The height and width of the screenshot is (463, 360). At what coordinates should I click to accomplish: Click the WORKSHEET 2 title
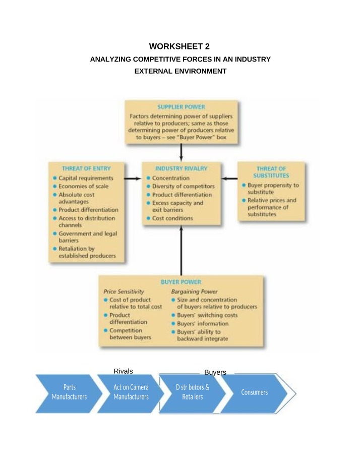[x=179, y=46]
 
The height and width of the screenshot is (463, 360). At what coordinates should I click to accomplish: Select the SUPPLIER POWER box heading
[x=181, y=107]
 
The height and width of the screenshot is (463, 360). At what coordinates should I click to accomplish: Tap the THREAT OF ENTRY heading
[x=86, y=168]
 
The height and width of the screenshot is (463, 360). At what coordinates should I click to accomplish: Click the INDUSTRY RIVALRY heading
[x=181, y=168]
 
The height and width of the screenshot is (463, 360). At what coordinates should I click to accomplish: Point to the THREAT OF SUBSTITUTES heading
[x=271, y=172]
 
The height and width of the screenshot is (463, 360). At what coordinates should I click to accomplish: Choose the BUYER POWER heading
[x=181, y=282]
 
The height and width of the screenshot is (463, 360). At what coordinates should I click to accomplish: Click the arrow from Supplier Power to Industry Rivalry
[x=181, y=153]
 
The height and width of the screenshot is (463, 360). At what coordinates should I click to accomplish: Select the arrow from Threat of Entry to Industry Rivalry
[x=133, y=179]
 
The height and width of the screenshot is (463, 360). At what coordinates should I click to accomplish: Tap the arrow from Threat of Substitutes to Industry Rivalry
[x=229, y=179]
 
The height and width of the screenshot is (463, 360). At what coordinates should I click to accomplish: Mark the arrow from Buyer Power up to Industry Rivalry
[x=181, y=250]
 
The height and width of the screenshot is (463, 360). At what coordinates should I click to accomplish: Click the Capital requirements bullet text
[x=86, y=178]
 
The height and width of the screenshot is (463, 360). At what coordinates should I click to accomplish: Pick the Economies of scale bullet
[x=84, y=186]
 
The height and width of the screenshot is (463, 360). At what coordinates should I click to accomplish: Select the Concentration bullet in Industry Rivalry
[x=171, y=178]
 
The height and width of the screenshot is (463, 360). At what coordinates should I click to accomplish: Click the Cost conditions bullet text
[x=172, y=218]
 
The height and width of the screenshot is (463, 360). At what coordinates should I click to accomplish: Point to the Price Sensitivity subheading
[x=124, y=292]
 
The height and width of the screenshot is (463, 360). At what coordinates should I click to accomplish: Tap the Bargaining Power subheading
[x=194, y=292]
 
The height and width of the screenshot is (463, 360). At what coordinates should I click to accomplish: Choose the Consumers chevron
[x=254, y=393]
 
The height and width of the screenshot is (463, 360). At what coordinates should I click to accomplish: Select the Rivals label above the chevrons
[x=124, y=371]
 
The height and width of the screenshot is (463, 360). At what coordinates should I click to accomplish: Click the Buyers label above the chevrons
[x=215, y=372]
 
